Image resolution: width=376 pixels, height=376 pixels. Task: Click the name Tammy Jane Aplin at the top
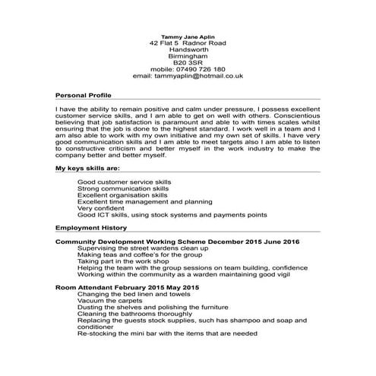coord(187,36)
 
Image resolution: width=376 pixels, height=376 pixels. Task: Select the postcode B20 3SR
coord(187,62)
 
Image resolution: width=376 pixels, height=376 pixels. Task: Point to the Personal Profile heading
coord(84,96)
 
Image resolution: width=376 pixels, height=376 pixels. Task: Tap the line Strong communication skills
coord(123,188)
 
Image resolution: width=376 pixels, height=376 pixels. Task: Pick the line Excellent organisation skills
coord(122,194)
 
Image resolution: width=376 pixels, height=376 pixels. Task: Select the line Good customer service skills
coord(125,182)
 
